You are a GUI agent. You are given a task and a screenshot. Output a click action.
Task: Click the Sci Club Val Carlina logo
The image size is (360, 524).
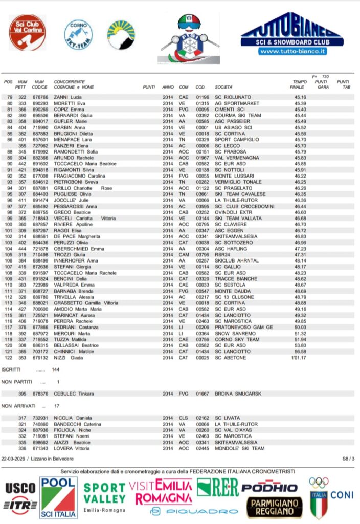coord(27,32)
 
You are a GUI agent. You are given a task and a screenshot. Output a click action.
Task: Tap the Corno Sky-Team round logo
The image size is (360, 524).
coord(78,34)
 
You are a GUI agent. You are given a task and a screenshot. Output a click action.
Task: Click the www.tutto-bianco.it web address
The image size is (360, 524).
coord(292,52)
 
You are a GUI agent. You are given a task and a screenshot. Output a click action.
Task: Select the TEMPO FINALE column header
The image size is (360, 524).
coord(300,84)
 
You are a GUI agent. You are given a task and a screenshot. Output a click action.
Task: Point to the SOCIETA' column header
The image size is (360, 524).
coord(224,87)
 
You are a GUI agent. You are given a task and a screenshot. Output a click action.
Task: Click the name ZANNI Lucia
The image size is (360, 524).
coord(69,97)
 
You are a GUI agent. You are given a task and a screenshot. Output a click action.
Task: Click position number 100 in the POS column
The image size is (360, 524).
coord(8,224)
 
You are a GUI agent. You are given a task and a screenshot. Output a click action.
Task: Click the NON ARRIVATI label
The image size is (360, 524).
coord(16,406)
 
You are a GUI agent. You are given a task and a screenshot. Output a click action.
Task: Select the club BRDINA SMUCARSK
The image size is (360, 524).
coord(239,394)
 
